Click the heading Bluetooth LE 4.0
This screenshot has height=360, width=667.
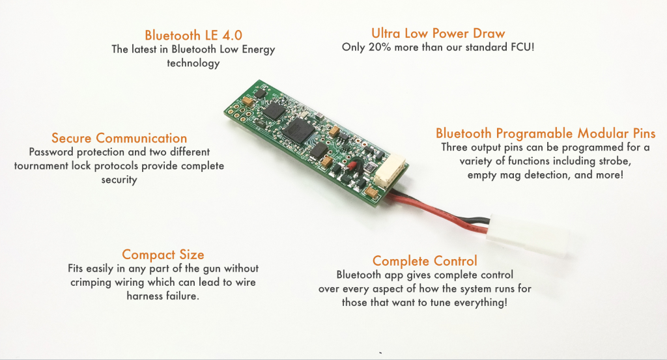coord(193,35)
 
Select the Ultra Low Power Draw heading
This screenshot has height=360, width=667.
coord(438,33)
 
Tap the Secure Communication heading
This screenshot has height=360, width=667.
coord(119,138)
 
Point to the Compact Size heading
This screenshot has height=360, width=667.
coord(163,255)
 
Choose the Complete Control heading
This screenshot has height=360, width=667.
coord(425,260)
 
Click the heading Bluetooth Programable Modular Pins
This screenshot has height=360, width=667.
coord(545,133)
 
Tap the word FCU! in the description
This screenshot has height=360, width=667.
coord(522,47)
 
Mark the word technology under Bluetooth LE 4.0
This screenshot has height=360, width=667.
coord(193,63)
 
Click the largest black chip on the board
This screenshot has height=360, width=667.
coord(300,129)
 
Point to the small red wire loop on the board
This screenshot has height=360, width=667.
coord(352,165)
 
